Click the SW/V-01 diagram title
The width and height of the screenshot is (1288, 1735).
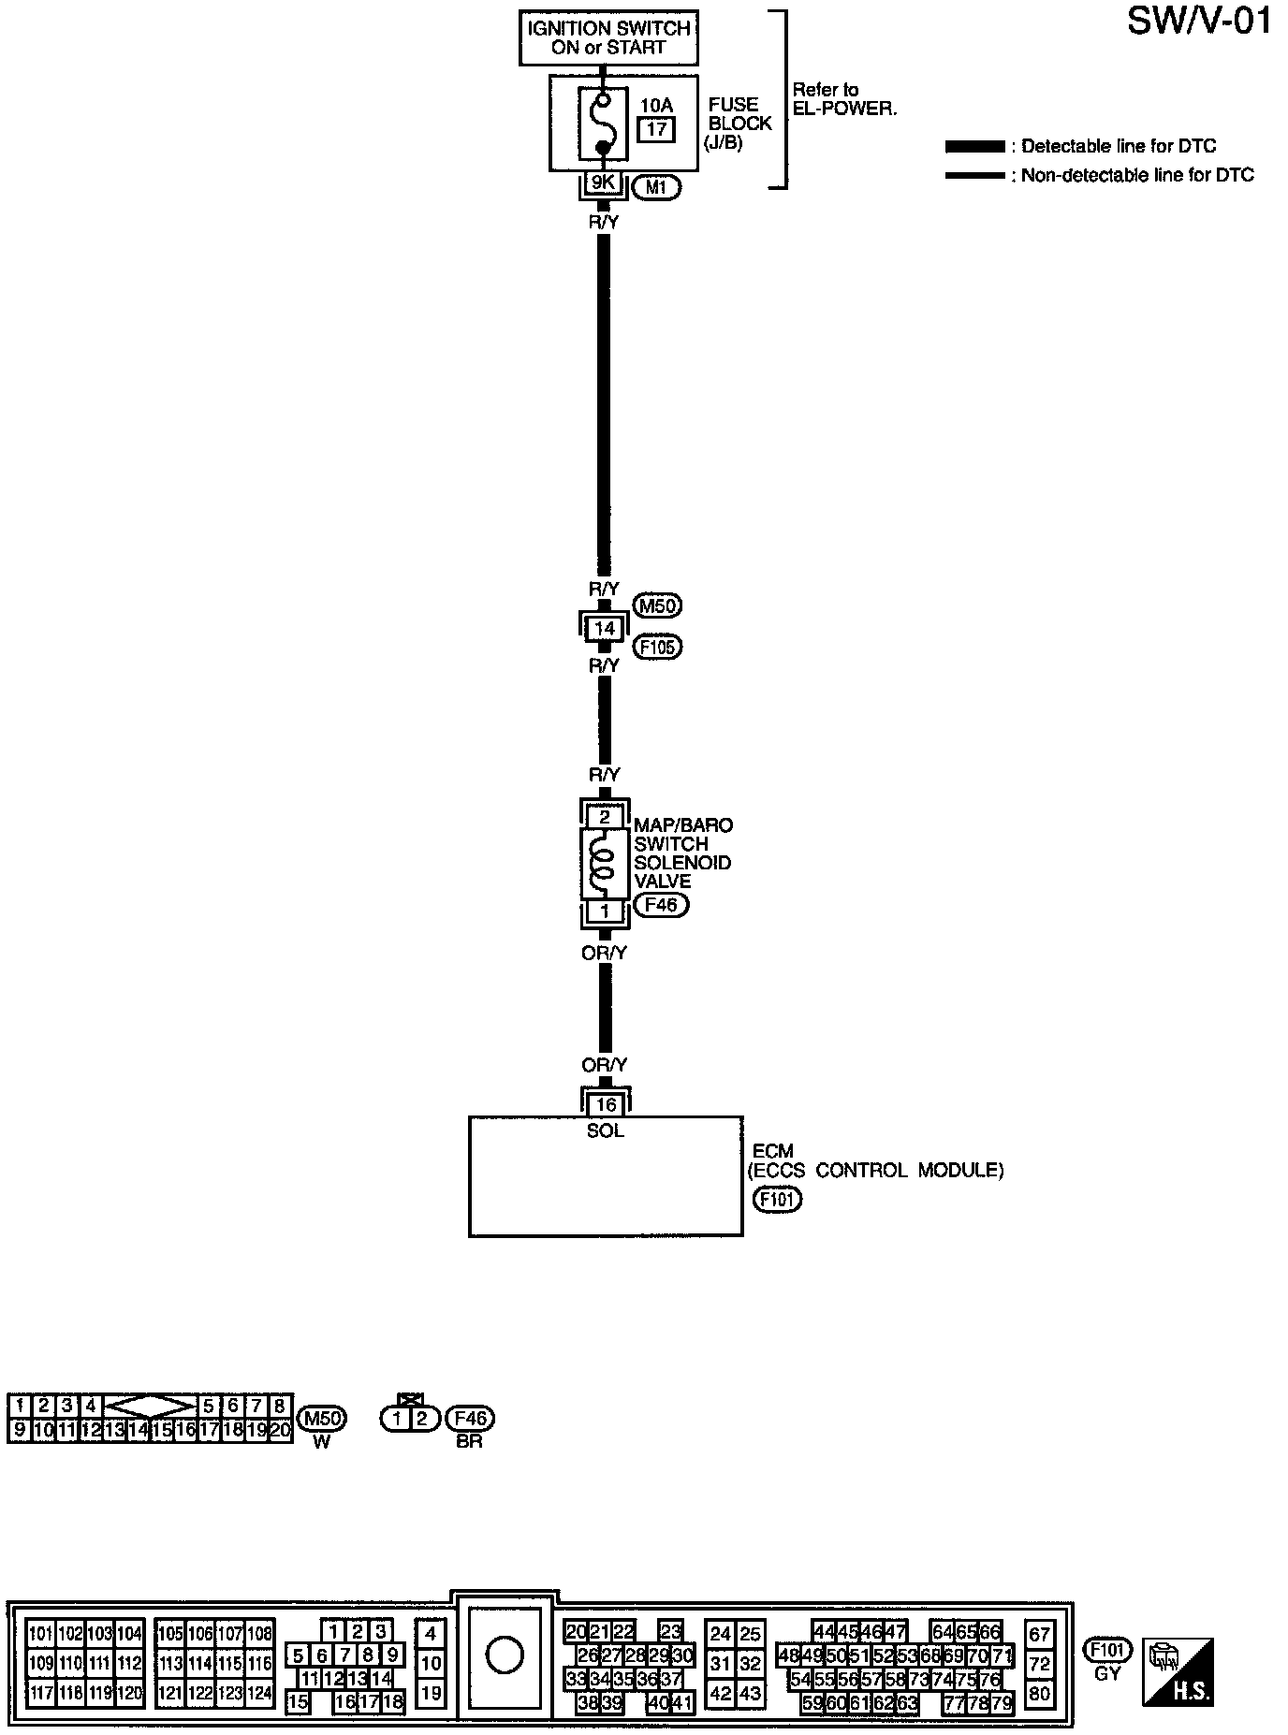1200,21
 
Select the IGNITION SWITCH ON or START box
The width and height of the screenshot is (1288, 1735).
608,38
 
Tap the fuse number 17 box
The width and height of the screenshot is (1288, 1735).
656,128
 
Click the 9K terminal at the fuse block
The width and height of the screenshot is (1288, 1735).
602,183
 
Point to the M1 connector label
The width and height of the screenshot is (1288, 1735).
656,187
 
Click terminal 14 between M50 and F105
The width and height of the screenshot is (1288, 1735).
605,629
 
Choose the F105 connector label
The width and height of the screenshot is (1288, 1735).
657,647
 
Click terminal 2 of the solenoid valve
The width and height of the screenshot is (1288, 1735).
605,817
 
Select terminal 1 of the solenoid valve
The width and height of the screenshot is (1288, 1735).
605,911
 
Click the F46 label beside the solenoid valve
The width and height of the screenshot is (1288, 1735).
661,905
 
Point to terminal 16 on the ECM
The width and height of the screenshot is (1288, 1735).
606,1105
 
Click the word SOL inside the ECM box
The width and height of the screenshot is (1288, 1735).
606,1130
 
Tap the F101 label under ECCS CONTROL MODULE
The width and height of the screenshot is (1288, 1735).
778,1200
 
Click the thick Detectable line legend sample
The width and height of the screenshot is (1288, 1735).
974,147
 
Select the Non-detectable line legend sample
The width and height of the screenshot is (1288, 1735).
974,175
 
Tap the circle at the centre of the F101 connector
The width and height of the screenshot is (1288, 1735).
505,1657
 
